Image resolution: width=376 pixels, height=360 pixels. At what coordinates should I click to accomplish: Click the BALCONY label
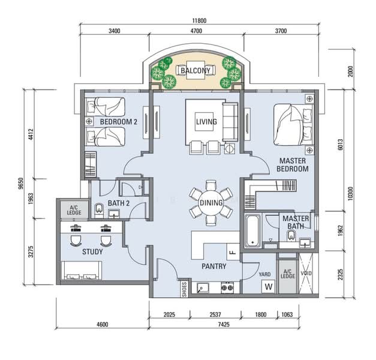tap(195, 71)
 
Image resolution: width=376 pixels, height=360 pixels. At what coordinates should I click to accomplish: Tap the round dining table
tap(210, 203)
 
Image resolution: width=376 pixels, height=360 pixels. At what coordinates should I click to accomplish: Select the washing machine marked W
tap(268, 286)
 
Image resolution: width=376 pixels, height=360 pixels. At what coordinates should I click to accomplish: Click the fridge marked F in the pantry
tap(233, 252)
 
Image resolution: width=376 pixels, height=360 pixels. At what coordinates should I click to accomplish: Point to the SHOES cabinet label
tap(185, 289)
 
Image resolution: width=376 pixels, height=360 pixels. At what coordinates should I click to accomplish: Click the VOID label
tap(306, 273)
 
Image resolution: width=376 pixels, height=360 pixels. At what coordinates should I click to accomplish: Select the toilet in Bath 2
tap(99, 210)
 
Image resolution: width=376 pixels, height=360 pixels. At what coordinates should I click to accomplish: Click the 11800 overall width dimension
tap(199, 20)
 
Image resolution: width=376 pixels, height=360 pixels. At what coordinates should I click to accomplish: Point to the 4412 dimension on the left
tap(31, 134)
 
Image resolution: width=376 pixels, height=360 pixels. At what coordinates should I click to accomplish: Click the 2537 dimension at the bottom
tap(215, 314)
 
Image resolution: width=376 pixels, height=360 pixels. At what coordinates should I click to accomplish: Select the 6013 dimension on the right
tap(340, 145)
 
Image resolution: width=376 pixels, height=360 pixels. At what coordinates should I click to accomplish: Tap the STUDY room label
tap(92, 252)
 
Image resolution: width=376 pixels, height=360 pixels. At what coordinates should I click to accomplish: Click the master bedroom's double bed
tap(293, 125)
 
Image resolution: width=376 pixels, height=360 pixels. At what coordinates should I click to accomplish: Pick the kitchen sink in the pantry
tap(203, 288)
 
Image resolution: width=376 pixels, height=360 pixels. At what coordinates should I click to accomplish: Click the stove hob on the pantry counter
tap(227, 287)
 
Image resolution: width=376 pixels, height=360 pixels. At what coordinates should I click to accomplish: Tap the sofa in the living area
tap(230, 122)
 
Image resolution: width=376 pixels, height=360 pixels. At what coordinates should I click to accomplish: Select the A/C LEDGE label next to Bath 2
tap(74, 210)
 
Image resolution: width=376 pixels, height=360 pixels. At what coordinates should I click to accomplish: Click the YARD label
tap(264, 274)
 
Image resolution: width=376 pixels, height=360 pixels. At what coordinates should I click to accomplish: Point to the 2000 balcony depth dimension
tap(350, 71)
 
